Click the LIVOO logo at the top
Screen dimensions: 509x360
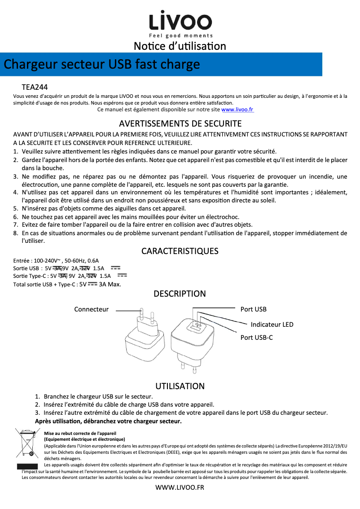(x=180, y=21)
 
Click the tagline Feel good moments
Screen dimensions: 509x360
(x=180, y=36)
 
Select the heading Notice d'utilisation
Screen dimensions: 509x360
(x=180, y=46)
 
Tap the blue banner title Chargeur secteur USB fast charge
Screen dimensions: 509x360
(x=102, y=64)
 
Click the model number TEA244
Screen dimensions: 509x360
(x=35, y=87)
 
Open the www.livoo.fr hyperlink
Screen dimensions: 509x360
(x=237, y=109)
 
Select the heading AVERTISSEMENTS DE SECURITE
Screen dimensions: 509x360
(x=180, y=123)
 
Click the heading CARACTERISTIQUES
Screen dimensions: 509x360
(x=180, y=251)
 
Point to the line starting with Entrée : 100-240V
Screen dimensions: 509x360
(x=56, y=260)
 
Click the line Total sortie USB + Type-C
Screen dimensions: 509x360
(x=67, y=284)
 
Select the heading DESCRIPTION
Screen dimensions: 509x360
(x=180, y=294)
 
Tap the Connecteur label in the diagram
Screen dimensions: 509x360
(x=92, y=309)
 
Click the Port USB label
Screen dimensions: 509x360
(x=253, y=309)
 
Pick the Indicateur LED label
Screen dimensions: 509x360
(x=272, y=325)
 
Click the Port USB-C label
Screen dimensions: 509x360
(x=256, y=337)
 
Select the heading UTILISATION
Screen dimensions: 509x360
(x=180, y=386)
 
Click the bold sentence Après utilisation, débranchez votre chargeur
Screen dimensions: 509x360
(x=108, y=421)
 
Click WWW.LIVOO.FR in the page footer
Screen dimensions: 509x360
(x=180, y=488)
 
